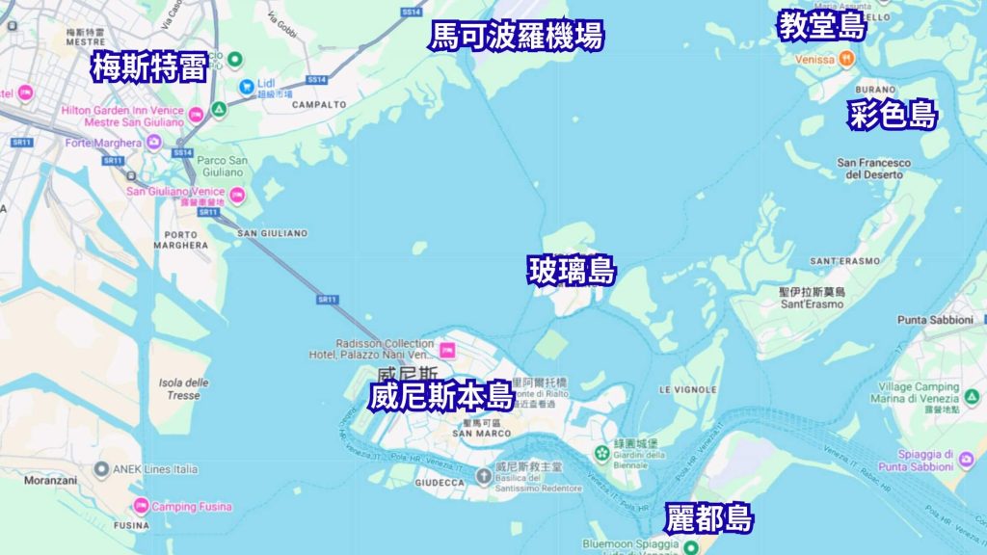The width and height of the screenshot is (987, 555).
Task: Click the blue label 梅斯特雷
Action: click(149, 67)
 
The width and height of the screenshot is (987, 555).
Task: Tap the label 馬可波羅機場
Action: click(517, 37)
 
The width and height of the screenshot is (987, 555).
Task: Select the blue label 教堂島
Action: click(822, 26)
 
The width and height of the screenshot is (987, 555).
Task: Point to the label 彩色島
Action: click(893, 116)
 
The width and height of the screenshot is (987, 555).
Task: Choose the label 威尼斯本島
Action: click(440, 395)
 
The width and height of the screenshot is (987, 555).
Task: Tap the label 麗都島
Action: click(708, 519)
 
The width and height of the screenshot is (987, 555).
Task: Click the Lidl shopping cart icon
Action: click(247, 86)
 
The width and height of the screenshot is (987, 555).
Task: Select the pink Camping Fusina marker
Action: click(142, 506)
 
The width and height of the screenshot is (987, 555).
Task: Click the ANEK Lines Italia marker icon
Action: click(102, 469)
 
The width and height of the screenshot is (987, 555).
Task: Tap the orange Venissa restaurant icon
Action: click(845, 59)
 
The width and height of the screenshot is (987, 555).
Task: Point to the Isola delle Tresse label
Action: click(183, 389)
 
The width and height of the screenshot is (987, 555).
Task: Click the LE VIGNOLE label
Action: click(688, 389)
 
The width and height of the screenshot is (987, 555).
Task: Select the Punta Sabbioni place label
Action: click(938, 319)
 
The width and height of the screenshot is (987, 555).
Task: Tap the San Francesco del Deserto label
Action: click(873, 169)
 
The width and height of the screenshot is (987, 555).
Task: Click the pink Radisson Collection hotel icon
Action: click(447, 348)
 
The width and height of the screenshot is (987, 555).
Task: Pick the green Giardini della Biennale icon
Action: click(603, 450)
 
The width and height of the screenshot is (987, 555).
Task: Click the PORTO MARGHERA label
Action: click(180, 240)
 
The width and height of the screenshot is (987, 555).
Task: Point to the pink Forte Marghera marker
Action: click(153, 143)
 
